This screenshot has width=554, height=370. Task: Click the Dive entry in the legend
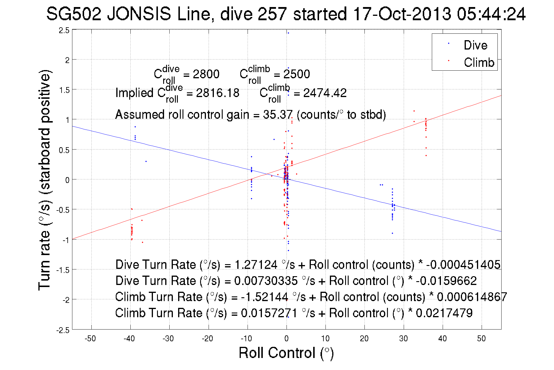click(x=475, y=45)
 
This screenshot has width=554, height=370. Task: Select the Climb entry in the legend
click(x=479, y=62)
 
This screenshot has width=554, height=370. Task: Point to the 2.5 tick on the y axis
click(x=64, y=30)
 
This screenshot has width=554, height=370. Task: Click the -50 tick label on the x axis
click(x=90, y=339)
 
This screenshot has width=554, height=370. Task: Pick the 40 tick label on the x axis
click(x=442, y=339)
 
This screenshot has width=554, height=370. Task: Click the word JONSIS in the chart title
click(x=139, y=14)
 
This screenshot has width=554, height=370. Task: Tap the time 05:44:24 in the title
click(x=491, y=14)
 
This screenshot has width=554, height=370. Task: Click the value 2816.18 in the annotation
click(x=218, y=93)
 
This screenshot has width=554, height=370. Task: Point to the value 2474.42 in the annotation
click(x=325, y=93)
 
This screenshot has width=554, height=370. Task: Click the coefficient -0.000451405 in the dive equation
click(x=463, y=265)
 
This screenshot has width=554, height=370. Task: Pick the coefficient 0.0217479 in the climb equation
click(x=444, y=313)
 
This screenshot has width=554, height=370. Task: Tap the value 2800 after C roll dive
click(x=206, y=74)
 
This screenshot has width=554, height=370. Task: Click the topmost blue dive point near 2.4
click(x=288, y=33)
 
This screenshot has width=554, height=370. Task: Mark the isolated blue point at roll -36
click(x=146, y=162)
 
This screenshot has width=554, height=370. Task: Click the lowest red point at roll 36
click(x=426, y=156)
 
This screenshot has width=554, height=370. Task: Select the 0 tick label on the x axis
click(x=287, y=339)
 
